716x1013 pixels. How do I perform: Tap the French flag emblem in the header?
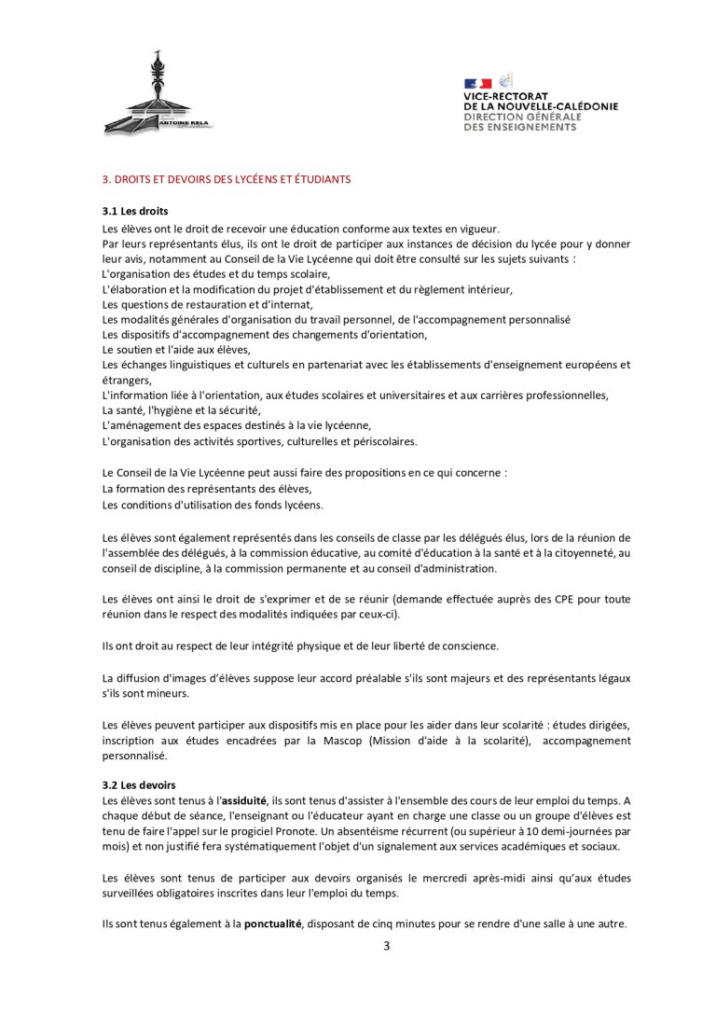point(477,84)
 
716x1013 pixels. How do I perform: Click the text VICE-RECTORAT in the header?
point(506,96)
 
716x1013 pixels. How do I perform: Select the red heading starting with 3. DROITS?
point(227,179)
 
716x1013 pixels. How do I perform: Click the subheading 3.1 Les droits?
point(135,211)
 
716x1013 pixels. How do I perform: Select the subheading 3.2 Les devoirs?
point(139,785)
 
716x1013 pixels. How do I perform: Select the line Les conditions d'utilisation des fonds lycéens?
point(213,505)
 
